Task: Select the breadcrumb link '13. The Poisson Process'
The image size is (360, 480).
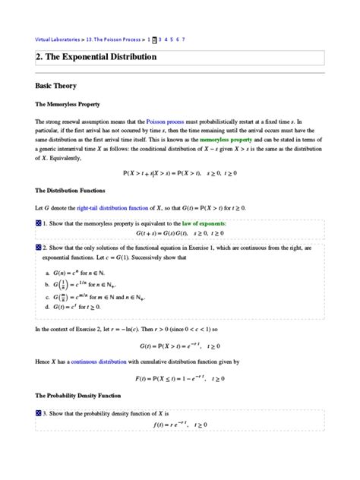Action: [115, 39]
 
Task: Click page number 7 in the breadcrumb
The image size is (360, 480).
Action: [184, 39]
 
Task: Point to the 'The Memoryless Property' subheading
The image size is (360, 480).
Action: [73, 103]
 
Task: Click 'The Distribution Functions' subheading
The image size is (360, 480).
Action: [76, 190]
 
